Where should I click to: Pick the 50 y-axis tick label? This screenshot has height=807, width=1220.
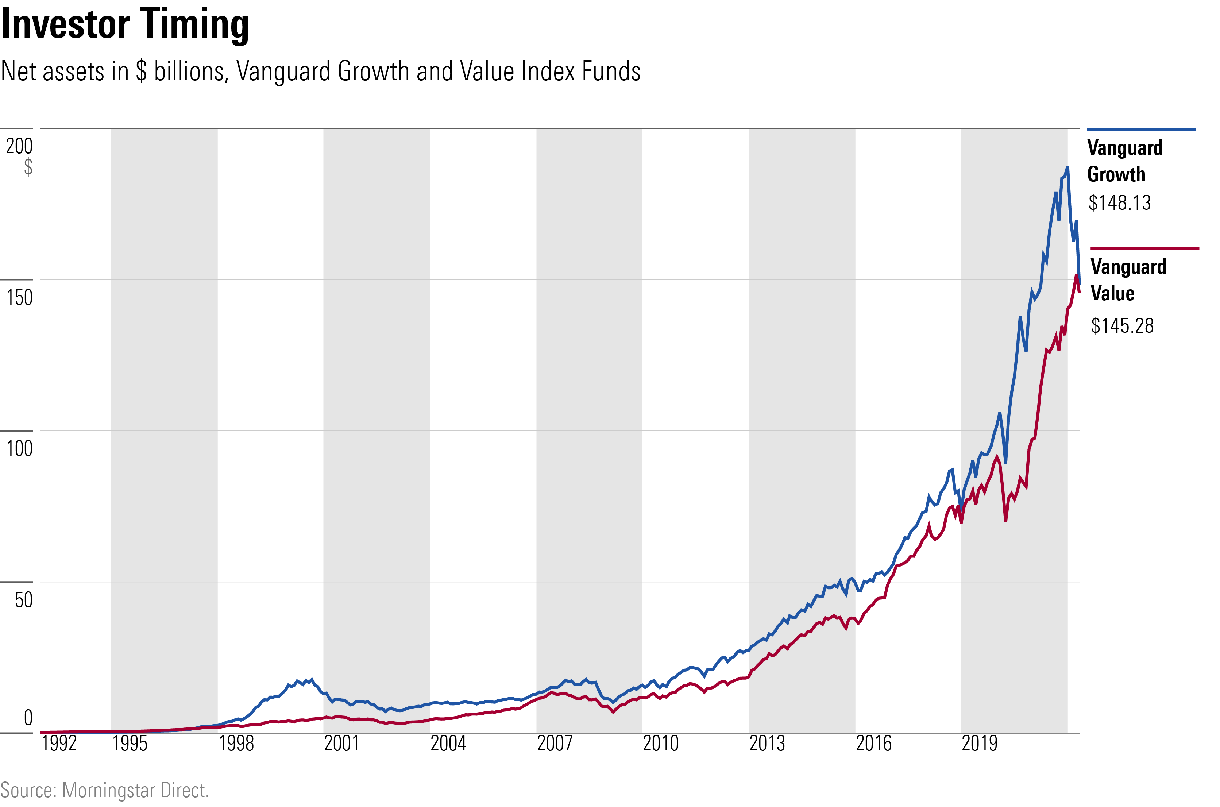[23, 599]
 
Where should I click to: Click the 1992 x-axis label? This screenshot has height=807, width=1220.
[59, 744]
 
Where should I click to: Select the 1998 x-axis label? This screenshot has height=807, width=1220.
[236, 744]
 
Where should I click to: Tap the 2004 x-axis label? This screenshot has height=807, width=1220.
[448, 744]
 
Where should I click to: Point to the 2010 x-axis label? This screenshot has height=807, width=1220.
[661, 744]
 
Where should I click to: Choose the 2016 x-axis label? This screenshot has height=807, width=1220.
[873, 744]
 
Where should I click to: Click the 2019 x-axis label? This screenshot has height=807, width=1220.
[979, 744]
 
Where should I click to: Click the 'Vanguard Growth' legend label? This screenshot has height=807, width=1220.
[1124, 161]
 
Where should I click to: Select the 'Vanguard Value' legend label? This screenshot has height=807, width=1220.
[1128, 280]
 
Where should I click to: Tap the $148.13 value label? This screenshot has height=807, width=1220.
[1119, 203]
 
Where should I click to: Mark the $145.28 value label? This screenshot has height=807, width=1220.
[1122, 326]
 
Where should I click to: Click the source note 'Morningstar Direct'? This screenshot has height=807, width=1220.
[135, 790]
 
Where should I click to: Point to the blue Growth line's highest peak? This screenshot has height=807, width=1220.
[1067, 167]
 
